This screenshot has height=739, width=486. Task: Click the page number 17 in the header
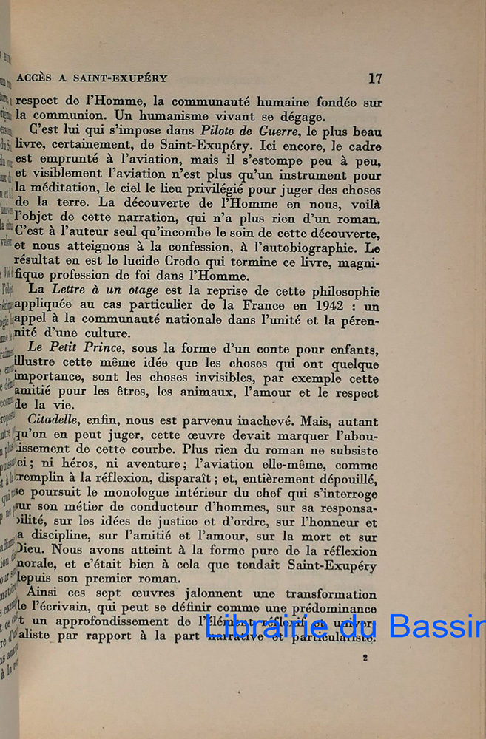tap(374, 78)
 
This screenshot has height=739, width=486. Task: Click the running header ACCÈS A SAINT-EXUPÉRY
tap(92, 78)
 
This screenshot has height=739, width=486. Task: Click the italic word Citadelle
tap(55, 420)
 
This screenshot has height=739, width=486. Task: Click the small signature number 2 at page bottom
tap(365, 656)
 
